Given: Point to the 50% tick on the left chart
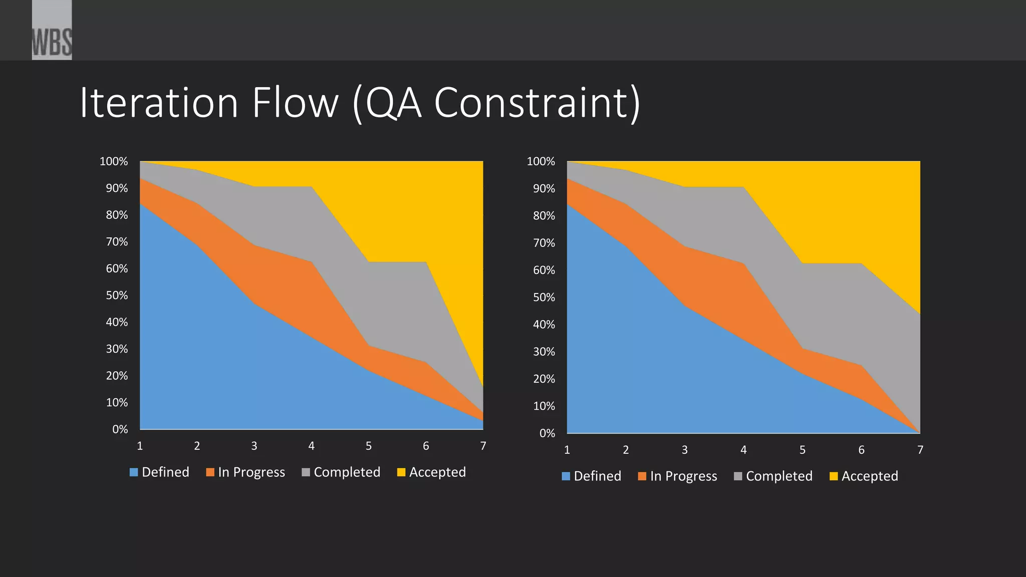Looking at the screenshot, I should click(117, 296).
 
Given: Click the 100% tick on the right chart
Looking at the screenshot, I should click(541, 162).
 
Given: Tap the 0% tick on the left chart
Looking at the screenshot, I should click(120, 429).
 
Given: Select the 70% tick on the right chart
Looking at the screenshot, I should click(544, 243).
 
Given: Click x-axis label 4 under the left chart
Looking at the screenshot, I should click(312, 446).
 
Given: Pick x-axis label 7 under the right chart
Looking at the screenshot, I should click(920, 450).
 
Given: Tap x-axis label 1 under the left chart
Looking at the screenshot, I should click(140, 446).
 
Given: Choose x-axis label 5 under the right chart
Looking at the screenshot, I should click(803, 450).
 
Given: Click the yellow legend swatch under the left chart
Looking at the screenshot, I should click(401, 472).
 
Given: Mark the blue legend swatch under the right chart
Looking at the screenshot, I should click(566, 476).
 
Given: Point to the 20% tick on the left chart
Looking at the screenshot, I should click(117, 376).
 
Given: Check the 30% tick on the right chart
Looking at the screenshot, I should click(544, 352).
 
